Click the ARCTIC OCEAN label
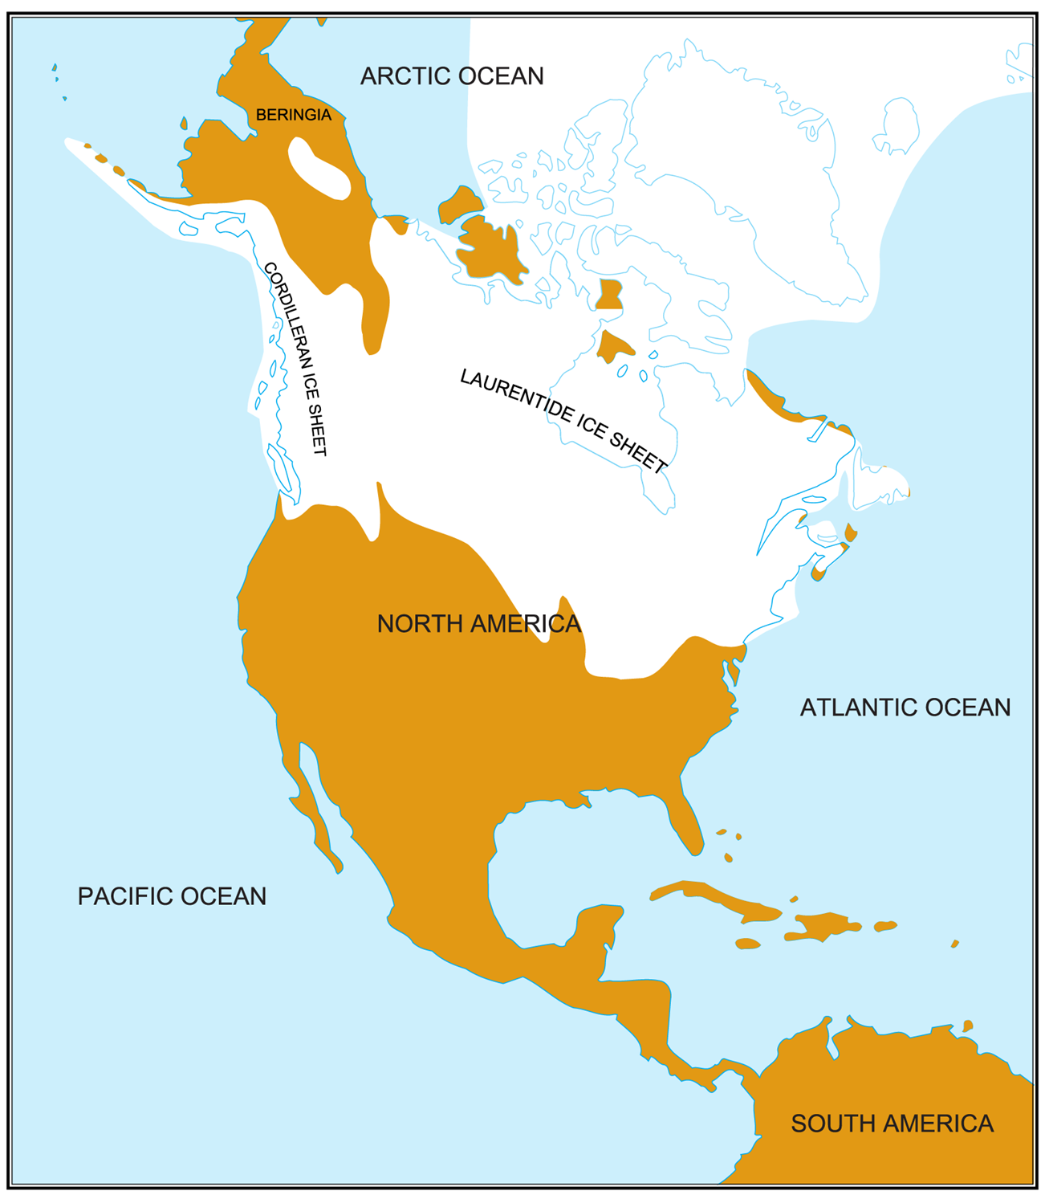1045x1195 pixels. (x=452, y=76)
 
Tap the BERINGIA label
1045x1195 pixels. (x=293, y=115)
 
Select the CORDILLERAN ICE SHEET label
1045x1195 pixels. (x=296, y=358)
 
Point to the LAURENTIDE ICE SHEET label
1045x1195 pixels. (x=563, y=421)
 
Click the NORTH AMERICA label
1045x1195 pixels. (x=478, y=624)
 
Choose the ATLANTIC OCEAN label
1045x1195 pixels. (x=905, y=708)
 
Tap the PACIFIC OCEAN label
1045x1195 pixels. (x=172, y=896)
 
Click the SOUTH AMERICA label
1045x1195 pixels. (x=892, y=1124)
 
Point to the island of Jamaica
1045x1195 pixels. (x=748, y=944)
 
